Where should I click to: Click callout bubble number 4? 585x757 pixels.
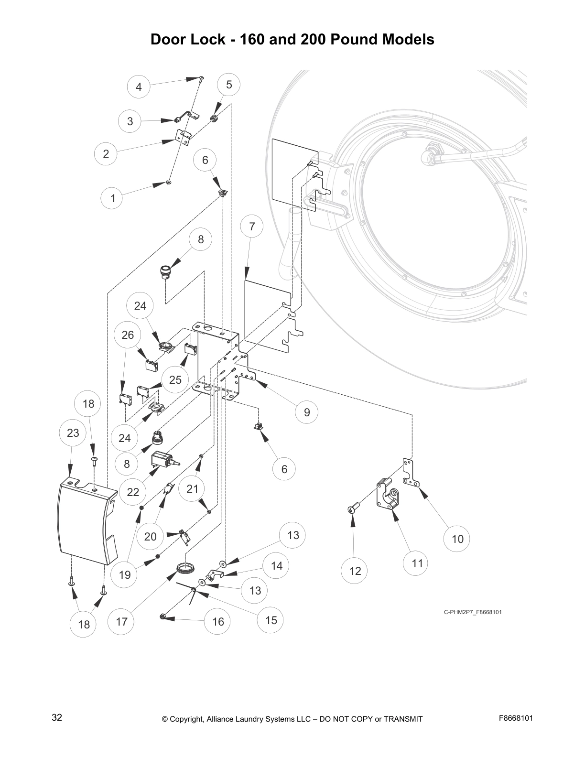point(139,87)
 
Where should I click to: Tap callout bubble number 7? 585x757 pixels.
point(252,227)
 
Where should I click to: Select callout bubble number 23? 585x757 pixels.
point(73,433)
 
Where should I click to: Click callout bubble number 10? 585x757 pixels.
point(457,539)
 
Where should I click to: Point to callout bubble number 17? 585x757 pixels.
point(121,621)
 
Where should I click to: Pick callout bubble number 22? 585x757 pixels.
point(133,492)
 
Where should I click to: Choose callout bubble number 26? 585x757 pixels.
point(128,335)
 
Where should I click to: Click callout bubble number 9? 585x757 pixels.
point(307,412)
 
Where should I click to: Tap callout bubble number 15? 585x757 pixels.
point(271,620)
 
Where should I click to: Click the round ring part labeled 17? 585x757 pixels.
point(186,568)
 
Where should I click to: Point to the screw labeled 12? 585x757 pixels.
point(352,510)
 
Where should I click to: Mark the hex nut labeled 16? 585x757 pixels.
point(163,617)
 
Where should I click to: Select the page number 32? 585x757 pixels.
point(56,717)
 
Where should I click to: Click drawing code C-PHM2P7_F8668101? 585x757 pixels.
point(473,612)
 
